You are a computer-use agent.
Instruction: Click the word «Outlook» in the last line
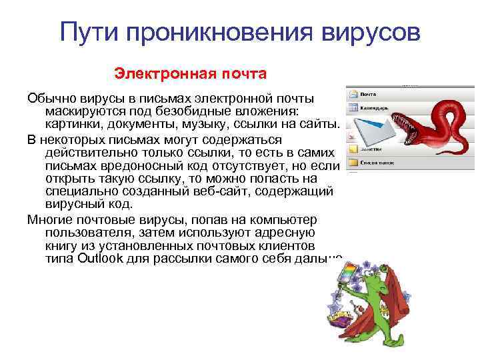(99, 259)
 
